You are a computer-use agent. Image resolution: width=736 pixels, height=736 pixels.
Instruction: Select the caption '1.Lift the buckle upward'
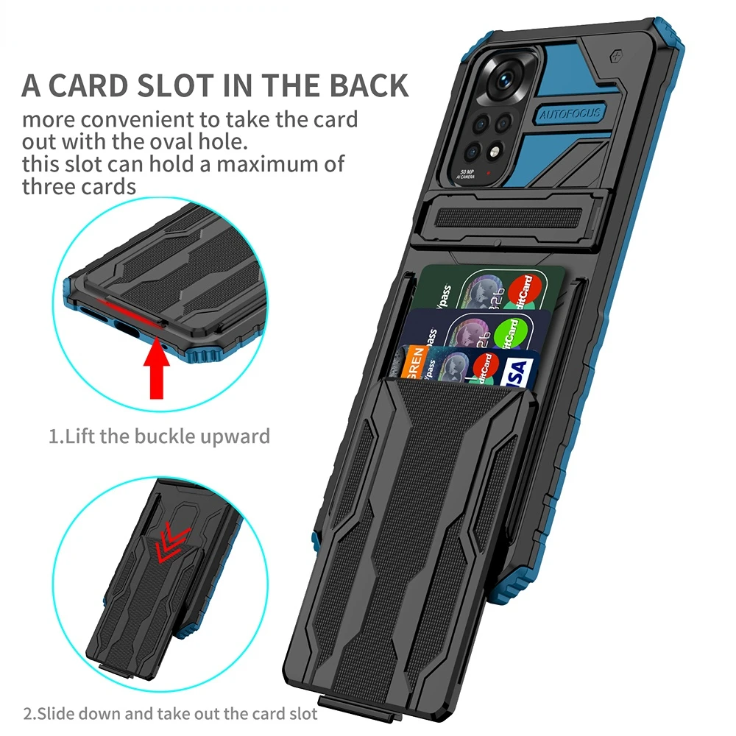(x=160, y=436)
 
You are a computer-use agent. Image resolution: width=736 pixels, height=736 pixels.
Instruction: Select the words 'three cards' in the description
(x=79, y=185)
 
